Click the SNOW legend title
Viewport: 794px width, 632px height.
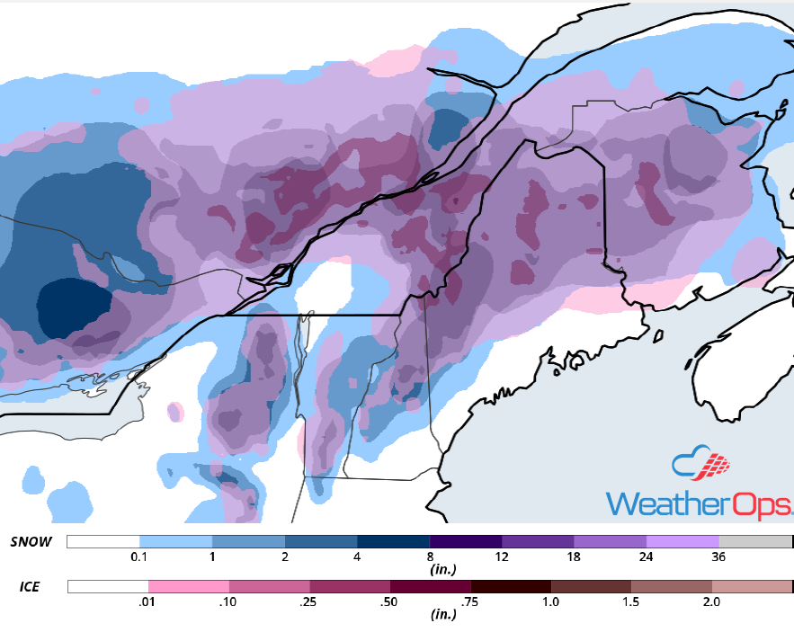click(x=31, y=542)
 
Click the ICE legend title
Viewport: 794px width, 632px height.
click(x=29, y=587)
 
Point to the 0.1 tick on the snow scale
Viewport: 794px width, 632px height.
click(x=139, y=557)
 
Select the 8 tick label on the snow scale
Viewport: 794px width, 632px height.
click(x=429, y=557)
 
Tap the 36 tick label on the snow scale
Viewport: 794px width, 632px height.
click(x=718, y=557)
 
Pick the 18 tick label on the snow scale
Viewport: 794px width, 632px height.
click(x=574, y=557)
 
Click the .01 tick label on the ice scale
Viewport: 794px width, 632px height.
click(x=147, y=602)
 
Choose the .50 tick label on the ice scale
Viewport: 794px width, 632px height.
click(x=388, y=602)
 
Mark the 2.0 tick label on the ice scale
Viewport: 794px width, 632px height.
click(x=710, y=602)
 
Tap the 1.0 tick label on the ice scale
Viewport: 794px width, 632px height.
click(x=549, y=602)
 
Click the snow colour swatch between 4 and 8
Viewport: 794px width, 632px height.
click(x=393, y=542)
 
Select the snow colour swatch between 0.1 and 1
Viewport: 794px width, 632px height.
click(x=175, y=542)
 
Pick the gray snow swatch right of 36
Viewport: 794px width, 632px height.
click(x=755, y=542)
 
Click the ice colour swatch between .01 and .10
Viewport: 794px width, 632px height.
click(x=188, y=587)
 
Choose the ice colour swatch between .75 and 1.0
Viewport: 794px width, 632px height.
click(x=510, y=587)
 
